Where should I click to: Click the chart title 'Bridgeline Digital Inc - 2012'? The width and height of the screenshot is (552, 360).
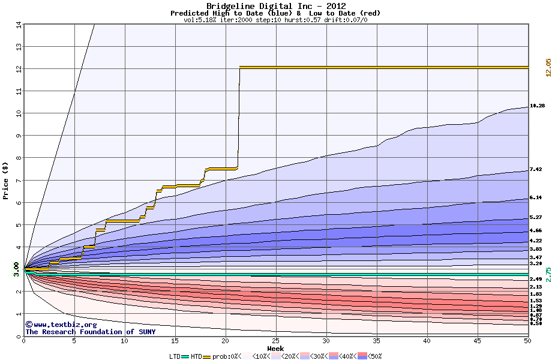[275, 5]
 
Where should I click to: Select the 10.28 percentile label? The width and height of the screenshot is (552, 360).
[536, 106]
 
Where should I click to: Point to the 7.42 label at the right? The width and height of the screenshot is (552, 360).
[536, 170]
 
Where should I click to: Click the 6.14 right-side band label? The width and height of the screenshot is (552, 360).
[536, 197]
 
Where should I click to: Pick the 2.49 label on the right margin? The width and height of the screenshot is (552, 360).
[536, 279]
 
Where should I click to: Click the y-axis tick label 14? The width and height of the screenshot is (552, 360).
[18, 25]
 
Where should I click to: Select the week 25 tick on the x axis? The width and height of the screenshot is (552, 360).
[275, 341]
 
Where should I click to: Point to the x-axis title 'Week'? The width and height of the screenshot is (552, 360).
[275, 349]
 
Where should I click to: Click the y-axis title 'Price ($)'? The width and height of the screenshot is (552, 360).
[6, 181]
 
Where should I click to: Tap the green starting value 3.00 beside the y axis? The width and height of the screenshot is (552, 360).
[17, 269]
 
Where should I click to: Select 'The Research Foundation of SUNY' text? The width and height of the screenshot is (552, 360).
[90, 332]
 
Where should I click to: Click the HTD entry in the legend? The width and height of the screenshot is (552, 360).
[196, 356]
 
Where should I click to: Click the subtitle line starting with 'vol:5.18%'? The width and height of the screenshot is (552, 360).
[275, 20]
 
